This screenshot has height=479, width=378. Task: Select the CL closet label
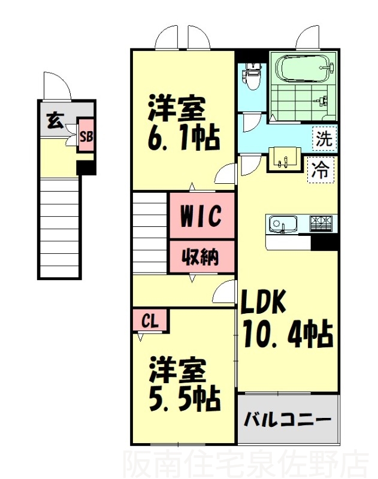coord(150,322)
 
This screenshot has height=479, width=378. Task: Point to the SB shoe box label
coord(86,137)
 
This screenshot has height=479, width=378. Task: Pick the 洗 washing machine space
coord(323,139)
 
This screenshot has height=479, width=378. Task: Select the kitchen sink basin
coord(282,225)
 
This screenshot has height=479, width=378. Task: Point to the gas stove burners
coord(322,223)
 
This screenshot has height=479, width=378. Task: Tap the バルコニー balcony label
coord(288,419)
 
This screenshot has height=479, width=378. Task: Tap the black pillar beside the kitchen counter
coord(324,242)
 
